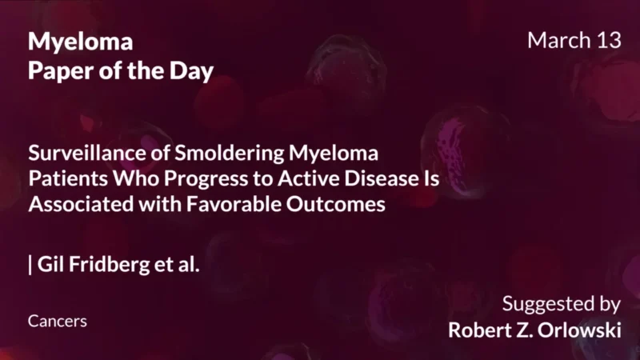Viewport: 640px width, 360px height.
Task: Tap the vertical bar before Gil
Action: point(30,265)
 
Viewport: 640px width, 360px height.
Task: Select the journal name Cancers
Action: point(57,321)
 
